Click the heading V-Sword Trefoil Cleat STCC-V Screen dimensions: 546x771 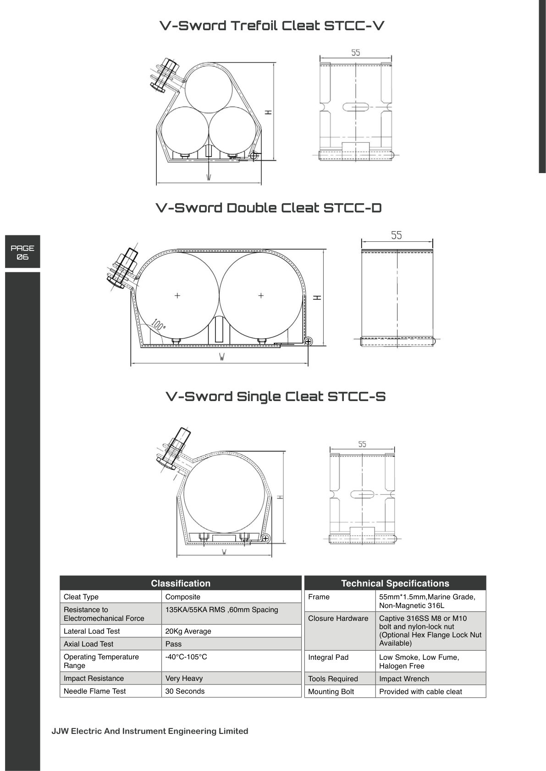tap(272, 26)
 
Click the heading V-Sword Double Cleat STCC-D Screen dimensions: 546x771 tap(269, 208)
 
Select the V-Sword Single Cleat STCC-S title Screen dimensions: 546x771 tap(276, 396)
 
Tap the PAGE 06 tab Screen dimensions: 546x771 tap(22, 252)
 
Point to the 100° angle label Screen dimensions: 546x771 tap(158, 325)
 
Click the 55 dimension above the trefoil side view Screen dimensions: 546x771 tap(356, 53)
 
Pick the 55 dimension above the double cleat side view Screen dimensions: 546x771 tap(397, 235)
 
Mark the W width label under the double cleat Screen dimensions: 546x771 tap(221, 358)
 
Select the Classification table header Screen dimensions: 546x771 tap(181, 583)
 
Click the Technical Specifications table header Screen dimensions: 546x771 tap(395, 583)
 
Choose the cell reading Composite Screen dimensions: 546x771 tap(183, 597)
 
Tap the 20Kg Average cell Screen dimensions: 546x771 tap(188, 631)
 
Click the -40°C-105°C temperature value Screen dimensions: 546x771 tap(186, 657)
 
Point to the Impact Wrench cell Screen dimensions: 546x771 tap(404, 679)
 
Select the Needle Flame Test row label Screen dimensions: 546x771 tap(95, 691)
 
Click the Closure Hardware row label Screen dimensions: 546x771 tap(338, 618)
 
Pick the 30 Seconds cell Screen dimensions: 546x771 tap(185, 691)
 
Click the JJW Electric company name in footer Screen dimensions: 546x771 tap(150, 731)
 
